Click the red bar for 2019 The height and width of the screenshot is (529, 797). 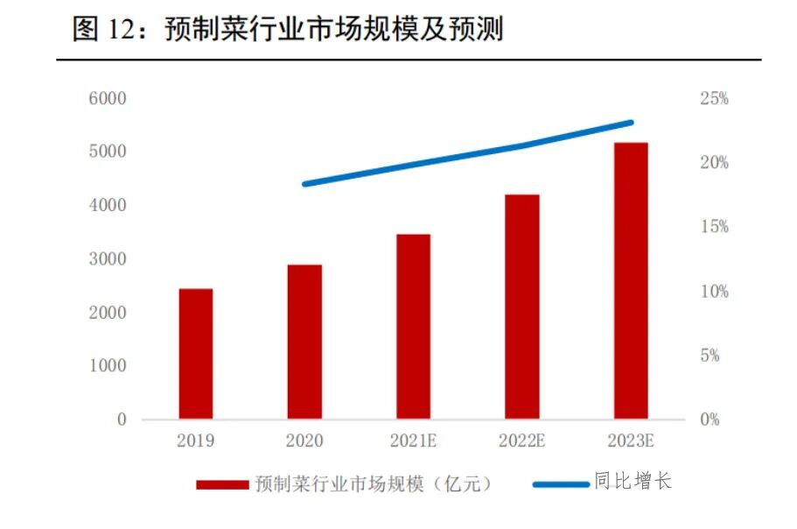196,354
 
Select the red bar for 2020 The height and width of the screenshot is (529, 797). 304,342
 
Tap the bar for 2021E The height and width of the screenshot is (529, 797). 413,327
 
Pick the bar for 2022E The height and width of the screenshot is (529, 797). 522,307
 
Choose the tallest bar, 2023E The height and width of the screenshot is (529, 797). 631,280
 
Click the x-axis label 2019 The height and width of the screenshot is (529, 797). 196,441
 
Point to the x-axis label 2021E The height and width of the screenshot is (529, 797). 413,441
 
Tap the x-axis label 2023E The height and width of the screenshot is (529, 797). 631,441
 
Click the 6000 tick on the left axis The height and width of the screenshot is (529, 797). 108,98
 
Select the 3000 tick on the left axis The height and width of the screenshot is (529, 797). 108,259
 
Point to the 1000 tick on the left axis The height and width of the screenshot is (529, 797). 108,366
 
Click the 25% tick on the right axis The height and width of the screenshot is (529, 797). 714,99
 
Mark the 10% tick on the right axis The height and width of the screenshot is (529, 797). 714,292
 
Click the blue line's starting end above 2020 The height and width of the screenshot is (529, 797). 304,184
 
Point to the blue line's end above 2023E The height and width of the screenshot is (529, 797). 631,123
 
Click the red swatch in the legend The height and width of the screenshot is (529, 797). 222,483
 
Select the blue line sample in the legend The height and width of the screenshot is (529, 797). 560,483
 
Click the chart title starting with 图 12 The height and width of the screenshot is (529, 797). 289,31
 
